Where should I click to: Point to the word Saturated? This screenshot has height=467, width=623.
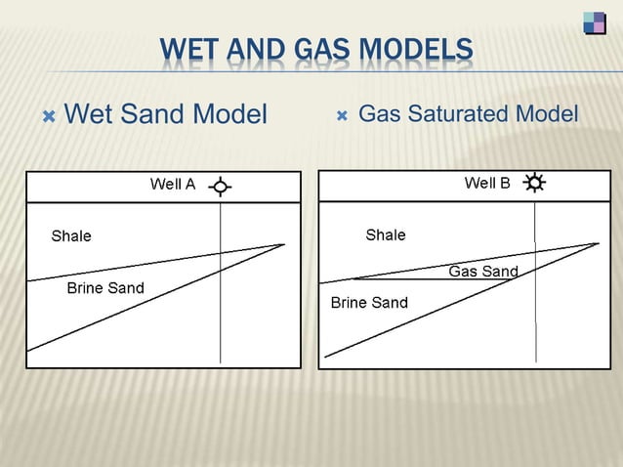pos(458,114)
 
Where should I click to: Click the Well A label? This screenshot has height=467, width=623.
pos(173,184)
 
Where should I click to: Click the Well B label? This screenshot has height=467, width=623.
pos(487,183)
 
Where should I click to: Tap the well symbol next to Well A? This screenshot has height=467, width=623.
pos(222,187)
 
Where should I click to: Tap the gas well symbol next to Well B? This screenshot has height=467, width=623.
pos(535,183)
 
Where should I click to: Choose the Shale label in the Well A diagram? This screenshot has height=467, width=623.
pos(71,235)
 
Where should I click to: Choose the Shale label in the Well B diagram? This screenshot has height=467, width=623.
pos(386,234)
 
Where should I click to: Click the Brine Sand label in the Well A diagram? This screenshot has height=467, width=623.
pos(104,288)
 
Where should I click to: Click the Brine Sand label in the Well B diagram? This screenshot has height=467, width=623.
pos(369,303)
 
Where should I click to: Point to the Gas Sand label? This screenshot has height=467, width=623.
pos(483,272)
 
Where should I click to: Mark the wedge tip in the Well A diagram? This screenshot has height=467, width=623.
pos(284,244)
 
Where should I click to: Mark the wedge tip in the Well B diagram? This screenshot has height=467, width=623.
pos(598,243)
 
